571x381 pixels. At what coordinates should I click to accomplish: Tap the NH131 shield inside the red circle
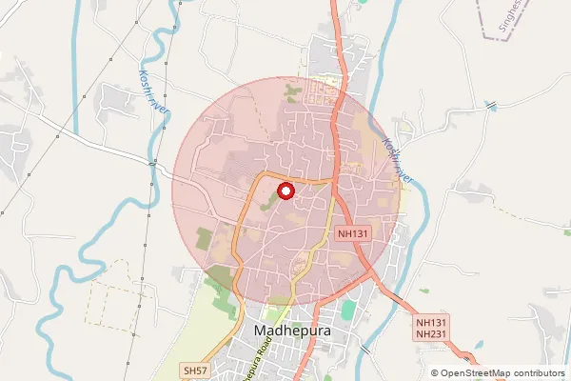351,232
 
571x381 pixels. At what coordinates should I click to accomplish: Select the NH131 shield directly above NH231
430,324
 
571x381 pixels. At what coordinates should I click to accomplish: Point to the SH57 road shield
194,370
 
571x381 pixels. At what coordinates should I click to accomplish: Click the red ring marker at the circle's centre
285,191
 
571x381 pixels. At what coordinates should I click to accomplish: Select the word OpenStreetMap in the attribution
476,373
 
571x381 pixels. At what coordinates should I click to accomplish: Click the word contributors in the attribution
539,373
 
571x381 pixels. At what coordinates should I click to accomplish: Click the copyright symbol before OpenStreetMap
435,373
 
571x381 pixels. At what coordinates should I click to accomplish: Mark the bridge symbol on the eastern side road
491,106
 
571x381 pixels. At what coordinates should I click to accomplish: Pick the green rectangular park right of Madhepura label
348,311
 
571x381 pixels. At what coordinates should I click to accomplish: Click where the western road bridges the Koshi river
150,164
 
